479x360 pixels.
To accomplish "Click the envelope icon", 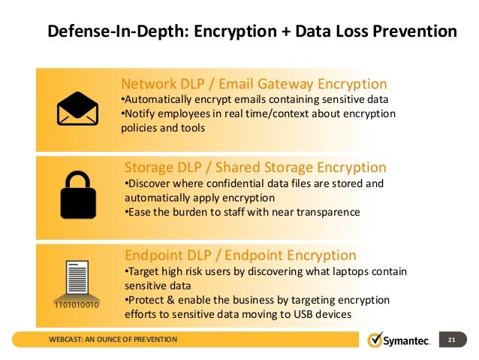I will coord(78,110).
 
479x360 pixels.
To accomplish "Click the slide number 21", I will coord(452,340).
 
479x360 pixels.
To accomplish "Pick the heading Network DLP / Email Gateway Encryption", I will coord(254,83).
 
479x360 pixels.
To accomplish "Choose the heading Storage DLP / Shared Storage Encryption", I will coord(255,167).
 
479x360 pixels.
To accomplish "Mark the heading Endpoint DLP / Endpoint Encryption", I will coord(240,255).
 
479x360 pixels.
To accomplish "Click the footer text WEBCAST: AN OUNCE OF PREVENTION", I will coord(113,340).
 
